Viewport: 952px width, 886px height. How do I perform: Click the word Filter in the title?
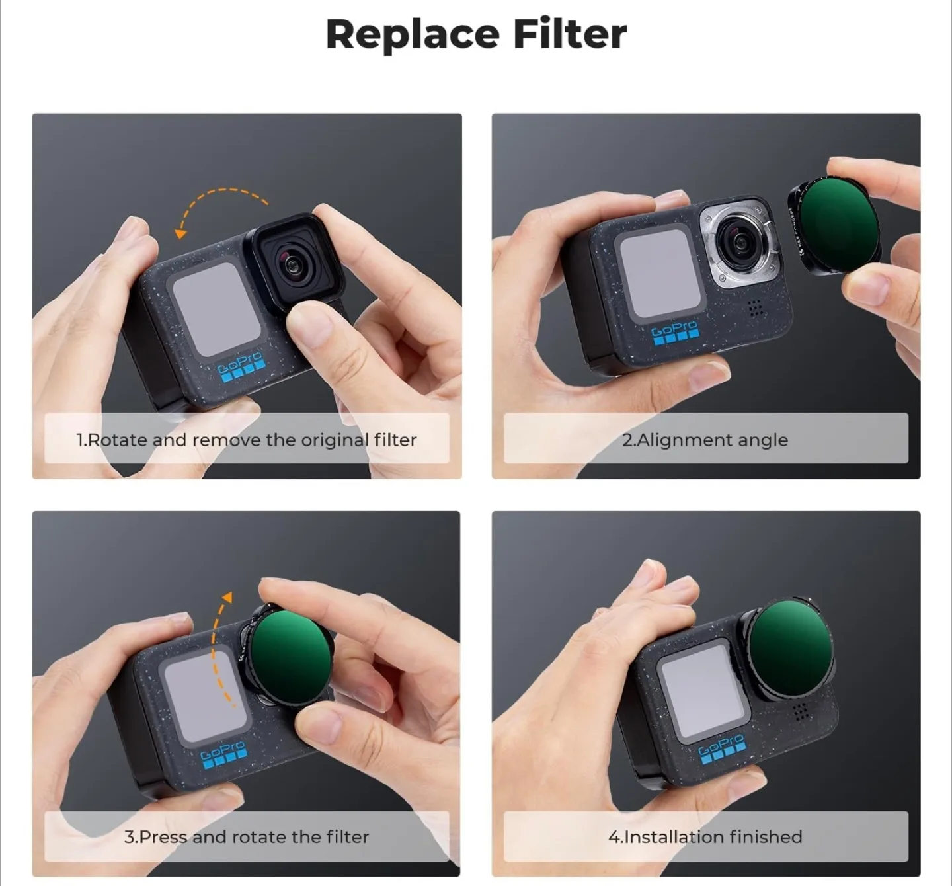pos(569,34)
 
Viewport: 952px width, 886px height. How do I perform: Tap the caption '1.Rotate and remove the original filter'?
pos(247,440)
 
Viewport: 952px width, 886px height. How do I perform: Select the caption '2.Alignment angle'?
pos(705,440)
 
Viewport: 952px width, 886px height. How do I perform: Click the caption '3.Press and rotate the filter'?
pos(247,837)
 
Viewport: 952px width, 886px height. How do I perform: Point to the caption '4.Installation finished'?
pos(705,837)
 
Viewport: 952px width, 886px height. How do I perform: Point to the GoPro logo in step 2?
pos(674,333)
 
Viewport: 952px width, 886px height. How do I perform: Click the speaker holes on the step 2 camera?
pos(755,307)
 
